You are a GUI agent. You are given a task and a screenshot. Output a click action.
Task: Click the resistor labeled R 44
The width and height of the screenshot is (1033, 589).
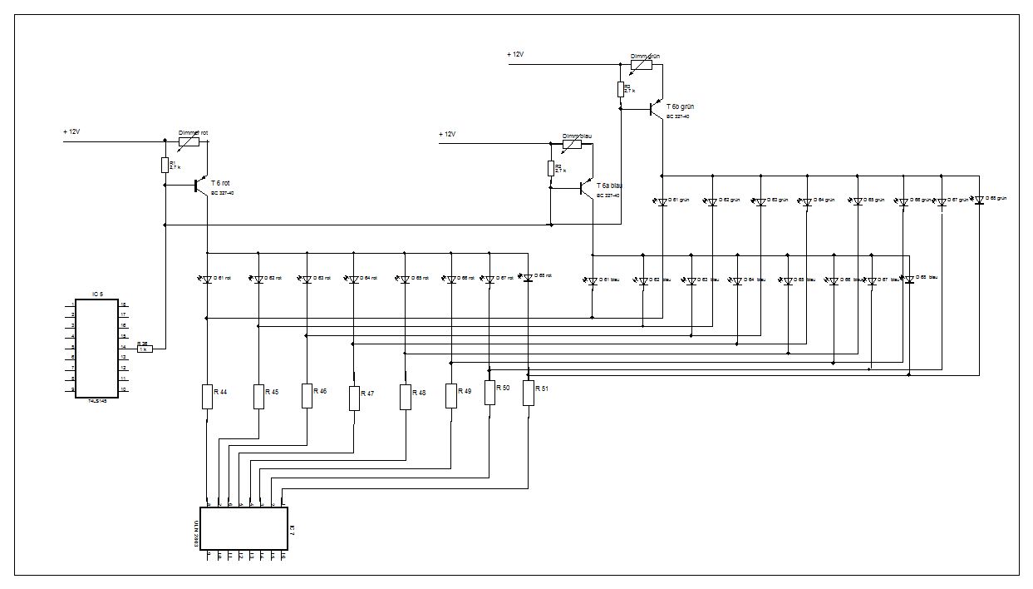[207, 396]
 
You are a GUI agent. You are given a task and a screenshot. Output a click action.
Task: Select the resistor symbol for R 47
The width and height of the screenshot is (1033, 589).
[355, 398]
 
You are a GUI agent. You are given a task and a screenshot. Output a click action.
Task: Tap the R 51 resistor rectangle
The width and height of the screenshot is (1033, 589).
[528, 393]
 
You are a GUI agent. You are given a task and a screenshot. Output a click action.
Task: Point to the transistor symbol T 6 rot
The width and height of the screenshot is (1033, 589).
[200, 186]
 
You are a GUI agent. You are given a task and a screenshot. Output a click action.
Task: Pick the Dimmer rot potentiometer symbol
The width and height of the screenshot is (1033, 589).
[189, 142]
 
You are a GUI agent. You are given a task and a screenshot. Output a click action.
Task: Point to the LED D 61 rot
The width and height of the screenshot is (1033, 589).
[207, 280]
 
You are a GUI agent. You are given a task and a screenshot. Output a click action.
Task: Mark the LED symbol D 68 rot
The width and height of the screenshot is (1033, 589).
[527, 278]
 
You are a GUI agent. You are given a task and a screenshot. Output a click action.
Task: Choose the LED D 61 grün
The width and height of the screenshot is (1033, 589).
[662, 202]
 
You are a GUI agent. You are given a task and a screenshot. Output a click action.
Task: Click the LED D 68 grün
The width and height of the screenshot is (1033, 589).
[979, 200]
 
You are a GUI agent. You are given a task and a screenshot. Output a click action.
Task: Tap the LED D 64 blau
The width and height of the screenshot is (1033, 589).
[735, 281]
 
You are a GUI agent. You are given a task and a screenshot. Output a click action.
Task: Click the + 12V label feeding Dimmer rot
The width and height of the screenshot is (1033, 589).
[72, 131]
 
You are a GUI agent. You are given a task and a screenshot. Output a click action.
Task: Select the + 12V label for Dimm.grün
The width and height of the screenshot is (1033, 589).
[515, 54]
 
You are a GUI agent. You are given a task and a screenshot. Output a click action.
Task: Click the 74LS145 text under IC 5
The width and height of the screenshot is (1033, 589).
[97, 399]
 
